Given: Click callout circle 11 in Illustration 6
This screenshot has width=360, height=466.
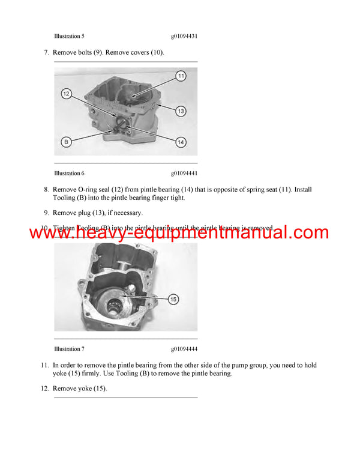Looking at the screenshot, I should [181, 76].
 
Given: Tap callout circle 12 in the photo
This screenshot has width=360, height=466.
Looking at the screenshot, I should [67, 94].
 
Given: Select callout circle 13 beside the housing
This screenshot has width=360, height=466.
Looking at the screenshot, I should [181, 110].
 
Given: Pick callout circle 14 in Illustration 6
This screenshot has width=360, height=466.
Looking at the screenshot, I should [181, 142].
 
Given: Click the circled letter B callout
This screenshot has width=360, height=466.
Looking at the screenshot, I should [67, 142].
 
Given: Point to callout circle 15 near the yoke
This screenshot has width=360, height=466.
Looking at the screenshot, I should [173, 298].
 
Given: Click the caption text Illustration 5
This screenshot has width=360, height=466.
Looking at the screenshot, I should [69, 36].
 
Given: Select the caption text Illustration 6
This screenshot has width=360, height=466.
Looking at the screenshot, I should [69, 174].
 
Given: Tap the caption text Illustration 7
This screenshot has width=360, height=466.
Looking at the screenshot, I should [69, 349].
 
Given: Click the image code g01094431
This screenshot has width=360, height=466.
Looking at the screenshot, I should [184, 36].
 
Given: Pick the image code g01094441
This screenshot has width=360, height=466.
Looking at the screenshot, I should [184, 174].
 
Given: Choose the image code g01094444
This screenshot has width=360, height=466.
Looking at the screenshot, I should [184, 349].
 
